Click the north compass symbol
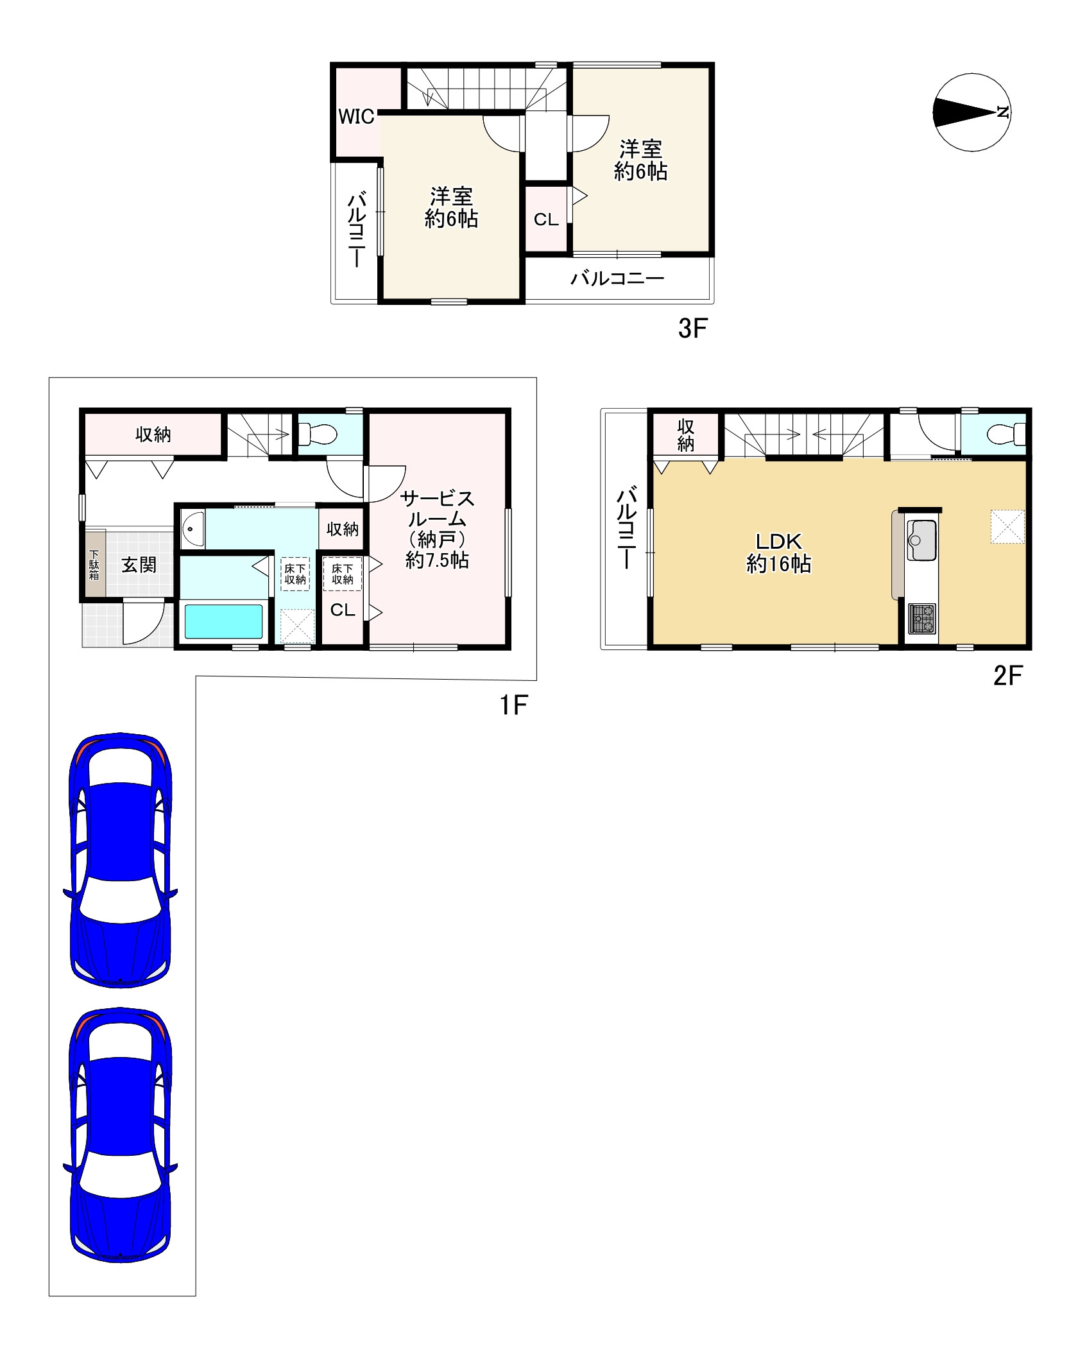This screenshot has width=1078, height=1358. point(972,112)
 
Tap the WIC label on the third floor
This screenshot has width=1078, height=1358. point(356,117)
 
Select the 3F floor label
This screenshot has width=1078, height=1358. point(692,329)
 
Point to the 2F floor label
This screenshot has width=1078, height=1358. point(1007,675)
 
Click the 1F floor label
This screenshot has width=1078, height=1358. point(513,706)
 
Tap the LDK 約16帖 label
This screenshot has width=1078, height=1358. point(778,553)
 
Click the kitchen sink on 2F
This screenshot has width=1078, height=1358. point(922,540)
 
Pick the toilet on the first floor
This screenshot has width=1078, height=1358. point(318,434)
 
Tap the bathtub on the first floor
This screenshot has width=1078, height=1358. point(223,621)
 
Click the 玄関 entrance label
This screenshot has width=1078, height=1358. point(139,565)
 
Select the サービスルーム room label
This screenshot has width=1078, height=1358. point(437,508)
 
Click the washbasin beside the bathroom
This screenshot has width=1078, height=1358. point(192,528)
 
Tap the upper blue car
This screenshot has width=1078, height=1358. point(120,860)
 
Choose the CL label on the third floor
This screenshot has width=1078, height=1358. point(546,219)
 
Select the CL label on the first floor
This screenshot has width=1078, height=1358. point(343,610)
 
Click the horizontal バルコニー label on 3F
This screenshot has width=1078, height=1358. point(617,279)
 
